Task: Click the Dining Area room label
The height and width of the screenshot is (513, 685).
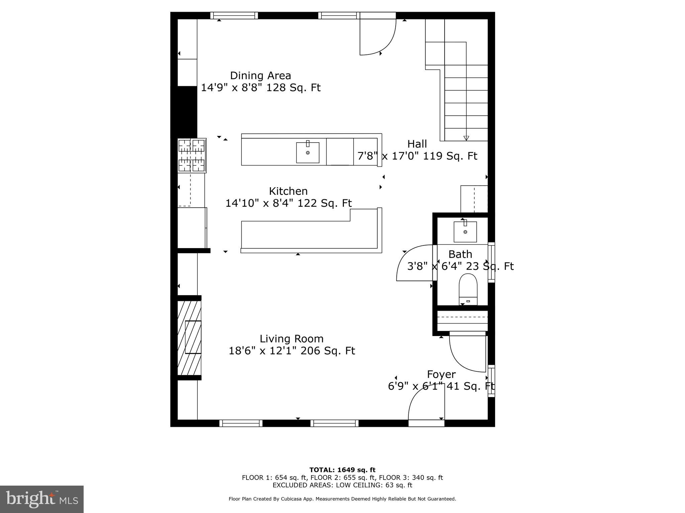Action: [260, 75]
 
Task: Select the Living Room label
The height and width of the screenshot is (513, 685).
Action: [291, 339]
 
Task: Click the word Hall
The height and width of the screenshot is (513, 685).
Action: [417, 144]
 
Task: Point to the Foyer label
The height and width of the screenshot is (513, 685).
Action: [441, 374]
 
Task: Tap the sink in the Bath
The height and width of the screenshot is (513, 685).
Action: [465, 231]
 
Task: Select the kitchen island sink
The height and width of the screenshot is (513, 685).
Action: [307, 153]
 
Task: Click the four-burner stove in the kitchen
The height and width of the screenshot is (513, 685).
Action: [192, 155]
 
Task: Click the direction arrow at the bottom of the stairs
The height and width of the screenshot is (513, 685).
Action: [466, 138]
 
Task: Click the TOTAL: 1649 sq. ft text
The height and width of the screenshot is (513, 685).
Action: [342, 470]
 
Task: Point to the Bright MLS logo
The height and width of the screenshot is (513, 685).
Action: [42, 499]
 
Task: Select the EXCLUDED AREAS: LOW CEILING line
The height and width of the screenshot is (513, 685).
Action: [342, 485]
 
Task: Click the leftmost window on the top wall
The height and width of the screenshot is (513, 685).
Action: [234, 15]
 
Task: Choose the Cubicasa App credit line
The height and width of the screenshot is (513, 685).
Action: [342, 499]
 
